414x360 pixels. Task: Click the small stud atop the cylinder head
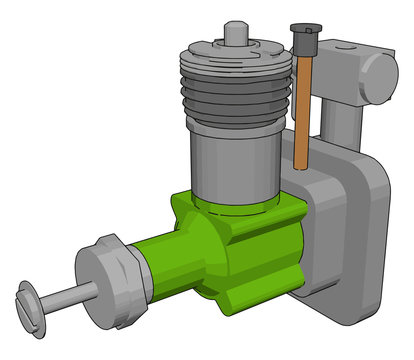coord(234,32)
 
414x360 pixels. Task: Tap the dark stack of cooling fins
coord(233,90)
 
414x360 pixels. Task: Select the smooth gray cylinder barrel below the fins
coord(232,160)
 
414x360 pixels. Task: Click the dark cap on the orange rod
coord(300,38)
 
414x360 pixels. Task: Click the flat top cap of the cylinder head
coord(232,49)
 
